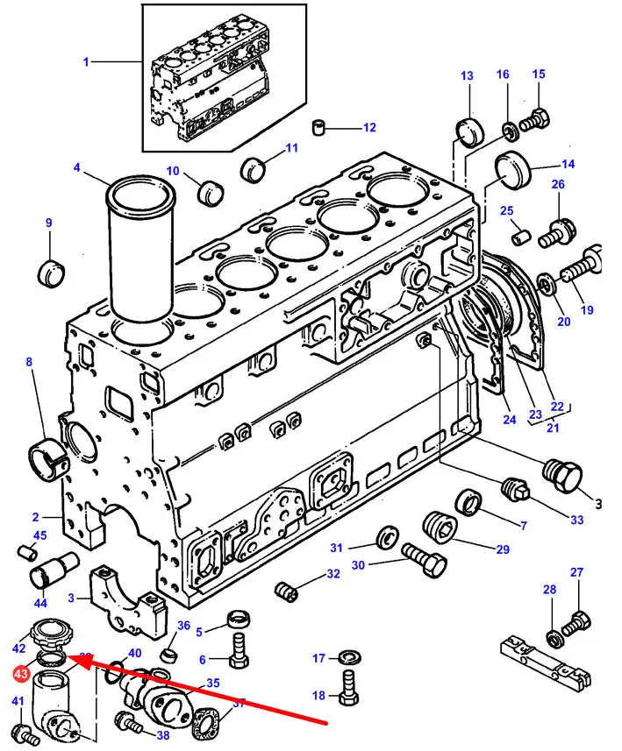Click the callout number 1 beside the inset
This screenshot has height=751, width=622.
(x=86, y=61)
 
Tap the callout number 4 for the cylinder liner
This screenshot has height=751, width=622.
(x=77, y=167)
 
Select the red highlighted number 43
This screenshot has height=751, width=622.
(x=20, y=673)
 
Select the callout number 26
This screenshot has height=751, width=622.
(x=558, y=184)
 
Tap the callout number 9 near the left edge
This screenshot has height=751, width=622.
(x=49, y=223)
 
